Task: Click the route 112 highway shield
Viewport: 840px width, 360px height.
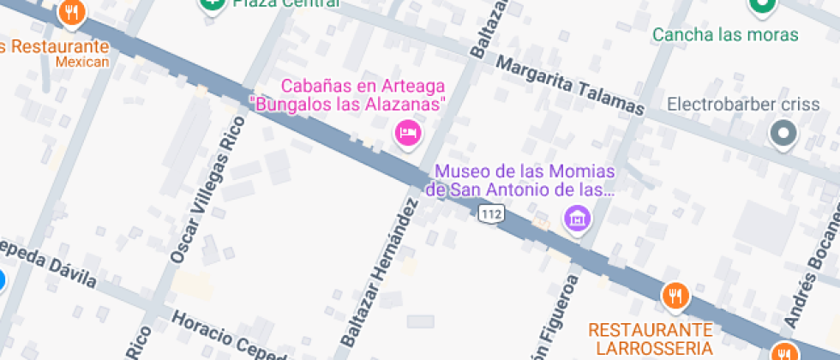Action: [490, 213]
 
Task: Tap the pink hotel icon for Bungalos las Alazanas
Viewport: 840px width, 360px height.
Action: [407, 133]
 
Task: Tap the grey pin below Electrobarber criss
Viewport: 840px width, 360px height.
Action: [783, 134]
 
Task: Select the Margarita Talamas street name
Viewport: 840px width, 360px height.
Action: [570, 86]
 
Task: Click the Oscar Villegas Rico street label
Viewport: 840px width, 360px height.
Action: [208, 189]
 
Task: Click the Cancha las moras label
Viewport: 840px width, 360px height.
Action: [725, 35]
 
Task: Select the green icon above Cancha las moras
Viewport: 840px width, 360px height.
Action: [760, 6]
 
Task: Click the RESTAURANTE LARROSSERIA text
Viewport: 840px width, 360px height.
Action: [651, 339]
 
